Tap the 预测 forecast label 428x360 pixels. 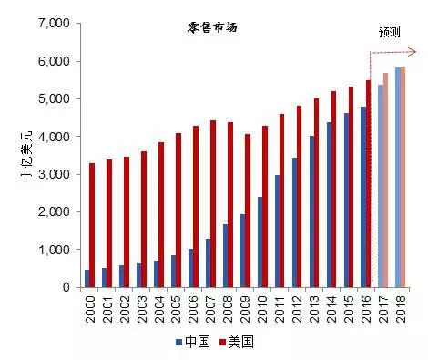(x=390, y=32)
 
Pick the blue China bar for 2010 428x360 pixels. (x=260, y=242)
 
